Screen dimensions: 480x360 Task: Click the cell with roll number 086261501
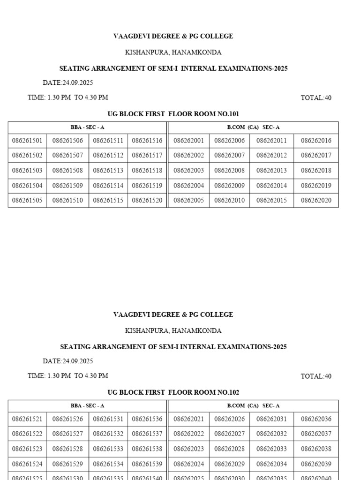(x=27, y=141)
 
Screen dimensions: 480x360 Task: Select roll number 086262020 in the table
(x=316, y=201)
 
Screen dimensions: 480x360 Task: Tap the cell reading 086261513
(x=108, y=171)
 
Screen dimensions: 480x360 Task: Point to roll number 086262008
(x=229, y=171)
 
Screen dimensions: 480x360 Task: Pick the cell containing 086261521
(x=27, y=419)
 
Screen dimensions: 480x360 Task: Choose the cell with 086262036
(x=316, y=419)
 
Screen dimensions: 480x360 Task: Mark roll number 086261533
(x=108, y=449)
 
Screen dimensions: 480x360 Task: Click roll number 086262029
(x=229, y=464)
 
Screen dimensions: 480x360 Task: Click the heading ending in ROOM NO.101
(x=173, y=114)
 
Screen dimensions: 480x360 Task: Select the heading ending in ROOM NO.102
(x=173, y=392)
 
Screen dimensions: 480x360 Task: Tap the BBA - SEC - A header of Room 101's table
(x=87, y=127)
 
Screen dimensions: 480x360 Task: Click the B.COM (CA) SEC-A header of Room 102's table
(x=253, y=406)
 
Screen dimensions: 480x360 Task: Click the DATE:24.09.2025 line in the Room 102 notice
(x=68, y=361)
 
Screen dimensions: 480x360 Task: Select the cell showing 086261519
(x=147, y=186)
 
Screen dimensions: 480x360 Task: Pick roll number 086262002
(x=188, y=156)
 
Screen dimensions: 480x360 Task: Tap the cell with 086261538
(x=147, y=449)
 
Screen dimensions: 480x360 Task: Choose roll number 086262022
(x=188, y=434)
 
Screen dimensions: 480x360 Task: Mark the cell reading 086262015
(x=271, y=201)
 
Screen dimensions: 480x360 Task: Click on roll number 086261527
(x=67, y=434)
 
